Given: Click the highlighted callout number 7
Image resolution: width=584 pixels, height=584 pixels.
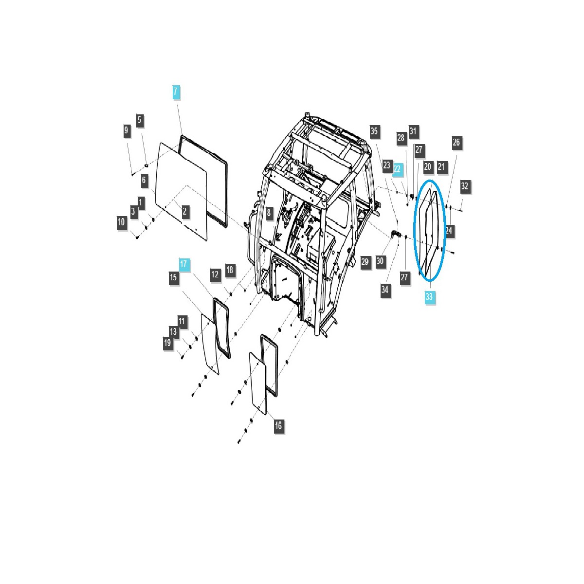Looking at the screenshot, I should (176, 91).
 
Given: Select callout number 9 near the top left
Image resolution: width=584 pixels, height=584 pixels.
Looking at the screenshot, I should (127, 130).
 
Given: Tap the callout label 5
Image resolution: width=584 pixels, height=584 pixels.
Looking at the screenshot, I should (140, 120).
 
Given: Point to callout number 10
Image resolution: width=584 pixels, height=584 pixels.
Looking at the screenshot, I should (122, 223).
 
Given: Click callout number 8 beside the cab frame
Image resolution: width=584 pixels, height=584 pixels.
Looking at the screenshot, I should (269, 212).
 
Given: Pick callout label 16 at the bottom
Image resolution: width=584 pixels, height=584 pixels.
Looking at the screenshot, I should (278, 425).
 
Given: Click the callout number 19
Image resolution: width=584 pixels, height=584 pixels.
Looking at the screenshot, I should (168, 343).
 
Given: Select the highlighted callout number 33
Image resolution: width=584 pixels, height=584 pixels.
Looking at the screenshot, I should (429, 296).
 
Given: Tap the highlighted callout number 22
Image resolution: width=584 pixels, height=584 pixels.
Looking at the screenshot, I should (398, 169).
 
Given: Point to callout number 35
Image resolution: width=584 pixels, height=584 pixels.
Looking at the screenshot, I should (374, 131).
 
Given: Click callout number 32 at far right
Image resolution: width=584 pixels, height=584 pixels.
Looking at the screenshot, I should (464, 186).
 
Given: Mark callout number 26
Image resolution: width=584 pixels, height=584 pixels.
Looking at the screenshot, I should (456, 142).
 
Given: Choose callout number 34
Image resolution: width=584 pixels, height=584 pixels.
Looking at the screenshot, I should (385, 290).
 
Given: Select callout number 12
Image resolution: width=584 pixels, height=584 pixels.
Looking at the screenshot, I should (215, 274).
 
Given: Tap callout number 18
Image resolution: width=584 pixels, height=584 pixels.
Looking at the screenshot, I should (230, 270).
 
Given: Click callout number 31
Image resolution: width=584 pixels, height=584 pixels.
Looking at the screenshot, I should (413, 131).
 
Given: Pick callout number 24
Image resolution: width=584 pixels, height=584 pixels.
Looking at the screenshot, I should (449, 231).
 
